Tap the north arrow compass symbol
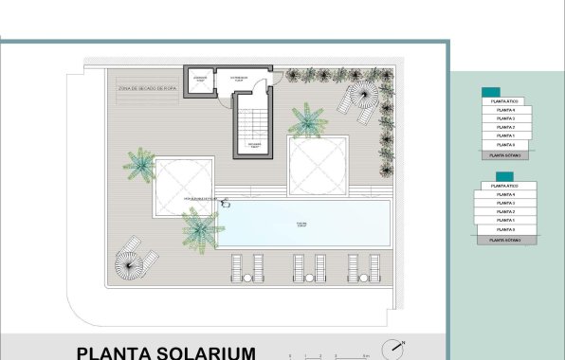coord(393,347)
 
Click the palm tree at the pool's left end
coord(199,227)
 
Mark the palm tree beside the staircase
coord(307,120)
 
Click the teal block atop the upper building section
coord(491,92)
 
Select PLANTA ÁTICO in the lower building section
coord(508,186)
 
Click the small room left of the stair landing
coord(200,81)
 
